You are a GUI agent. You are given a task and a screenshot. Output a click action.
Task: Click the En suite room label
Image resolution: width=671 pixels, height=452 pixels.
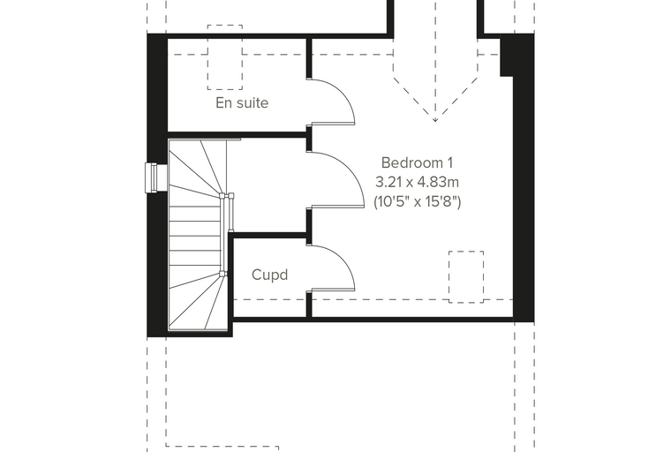[x=242, y=103]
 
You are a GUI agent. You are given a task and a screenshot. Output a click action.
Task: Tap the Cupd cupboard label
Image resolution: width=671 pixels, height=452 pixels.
[x=269, y=275]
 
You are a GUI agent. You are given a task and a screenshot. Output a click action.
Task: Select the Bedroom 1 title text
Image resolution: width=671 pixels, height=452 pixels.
[x=417, y=162]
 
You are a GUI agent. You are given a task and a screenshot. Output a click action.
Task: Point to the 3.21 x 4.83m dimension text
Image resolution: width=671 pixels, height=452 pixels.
[x=418, y=183]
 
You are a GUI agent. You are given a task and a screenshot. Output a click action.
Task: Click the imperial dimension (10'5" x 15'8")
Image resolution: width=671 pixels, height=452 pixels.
[x=418, y=201]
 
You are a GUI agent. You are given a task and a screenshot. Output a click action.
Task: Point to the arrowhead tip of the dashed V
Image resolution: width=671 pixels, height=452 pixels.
[x=435, y=122]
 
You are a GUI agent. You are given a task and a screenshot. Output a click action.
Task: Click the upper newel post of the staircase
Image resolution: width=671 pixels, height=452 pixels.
[x=222, y=197]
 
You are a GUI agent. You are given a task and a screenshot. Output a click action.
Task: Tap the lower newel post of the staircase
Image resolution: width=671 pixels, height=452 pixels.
[x=222, y=274]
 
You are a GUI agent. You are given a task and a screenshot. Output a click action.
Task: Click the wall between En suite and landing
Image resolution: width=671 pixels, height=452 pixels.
[x=237, y=135]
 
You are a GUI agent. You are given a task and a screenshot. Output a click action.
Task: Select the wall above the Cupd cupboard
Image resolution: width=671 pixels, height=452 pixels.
[x=268, y=235]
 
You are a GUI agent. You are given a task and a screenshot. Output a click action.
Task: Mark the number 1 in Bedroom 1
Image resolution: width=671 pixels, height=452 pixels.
[x=449, y=162]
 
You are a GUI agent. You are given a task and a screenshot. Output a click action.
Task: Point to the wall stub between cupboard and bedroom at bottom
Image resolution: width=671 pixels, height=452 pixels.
[x=309, y=305]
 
